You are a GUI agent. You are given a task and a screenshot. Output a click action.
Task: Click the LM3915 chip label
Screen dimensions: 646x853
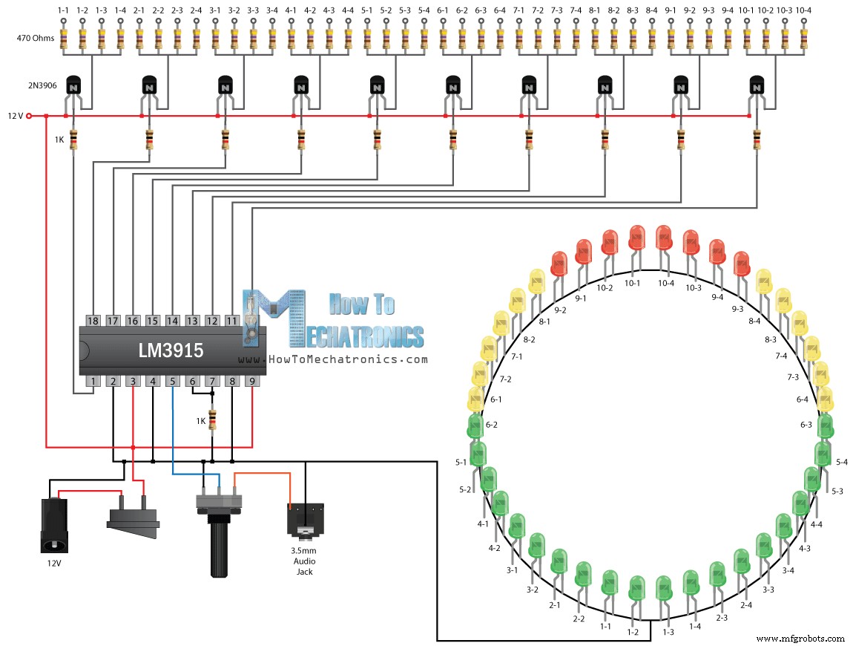(170, 350)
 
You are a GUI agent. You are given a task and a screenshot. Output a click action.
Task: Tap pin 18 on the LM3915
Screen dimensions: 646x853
(93, 320)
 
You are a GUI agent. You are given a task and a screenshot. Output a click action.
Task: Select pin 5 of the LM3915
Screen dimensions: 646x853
(172, 382)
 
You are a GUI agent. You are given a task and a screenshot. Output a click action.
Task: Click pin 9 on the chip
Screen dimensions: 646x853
(252, 382)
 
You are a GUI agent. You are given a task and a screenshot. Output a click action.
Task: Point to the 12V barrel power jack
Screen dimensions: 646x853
(53, 525)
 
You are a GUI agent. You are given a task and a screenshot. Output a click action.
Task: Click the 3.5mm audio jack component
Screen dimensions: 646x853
(305, 520)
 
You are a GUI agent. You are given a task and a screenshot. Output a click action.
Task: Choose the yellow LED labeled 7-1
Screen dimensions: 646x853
(490, 349)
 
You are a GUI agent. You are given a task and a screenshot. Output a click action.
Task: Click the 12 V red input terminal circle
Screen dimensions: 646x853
(29, 116)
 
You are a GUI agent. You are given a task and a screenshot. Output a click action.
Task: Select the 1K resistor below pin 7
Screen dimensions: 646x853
(213, 420)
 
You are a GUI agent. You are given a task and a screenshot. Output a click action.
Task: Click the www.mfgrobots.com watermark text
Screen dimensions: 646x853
(801, 638)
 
